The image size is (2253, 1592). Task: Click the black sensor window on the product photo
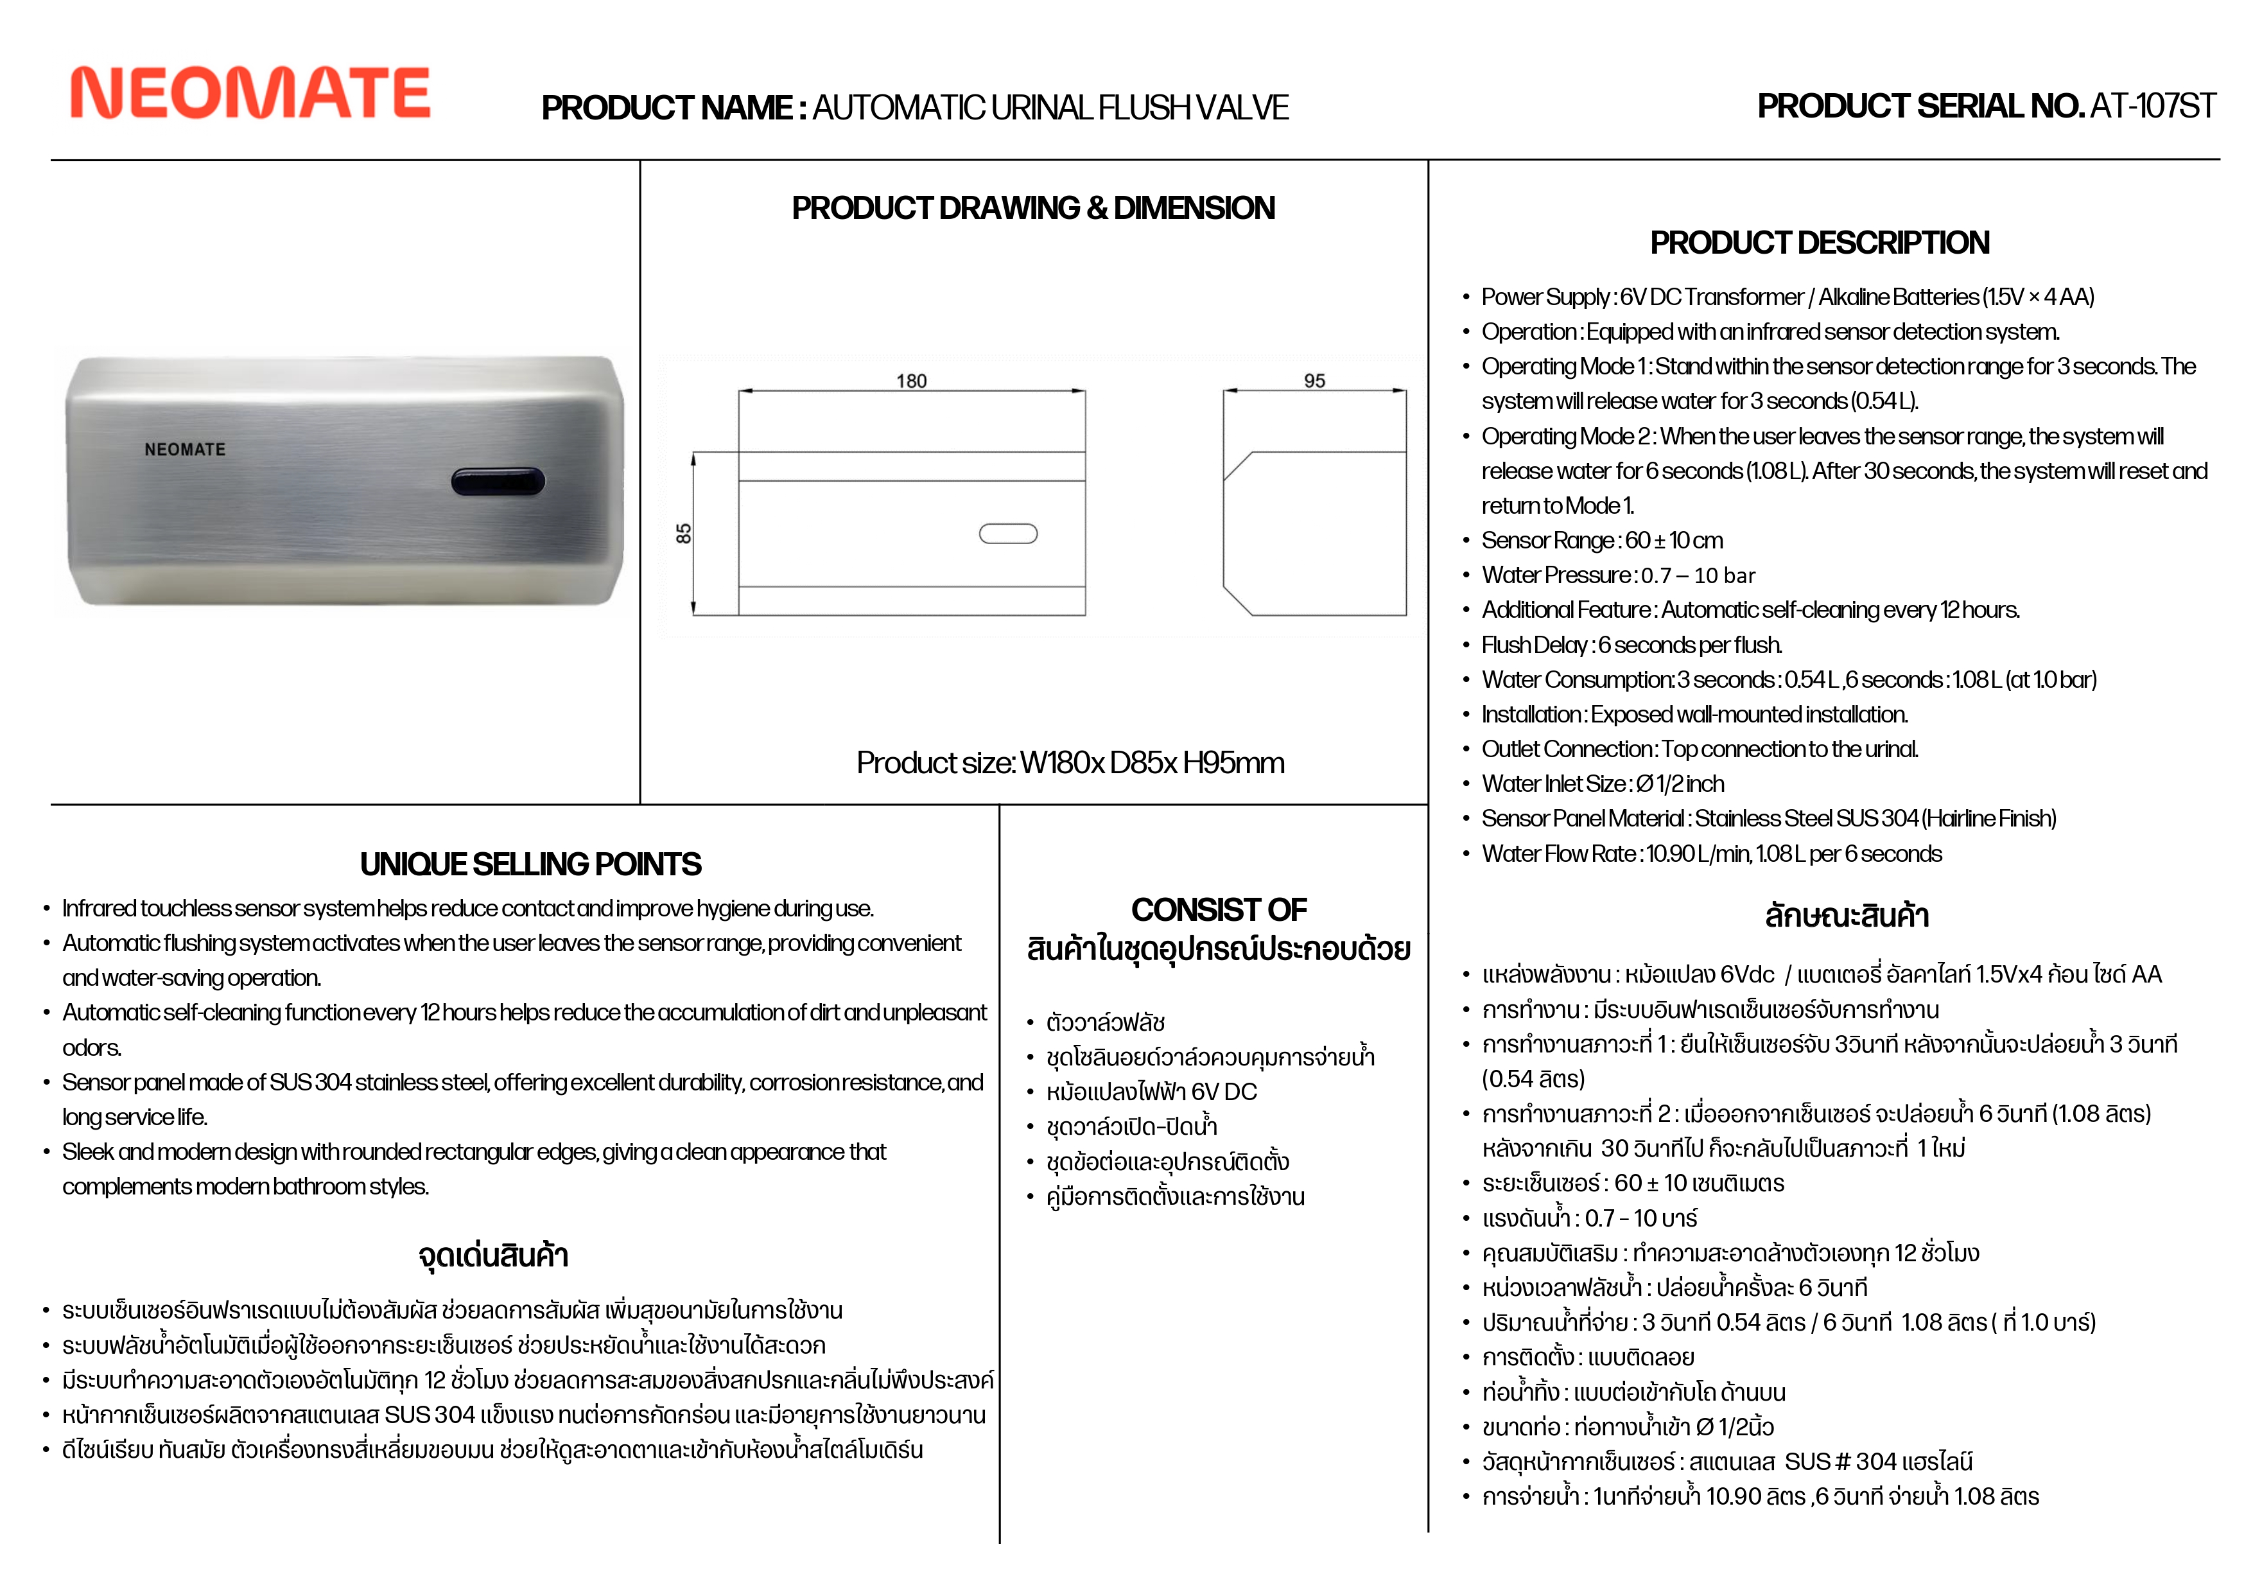point(498,481)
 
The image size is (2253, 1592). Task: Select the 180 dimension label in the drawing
point(910,381)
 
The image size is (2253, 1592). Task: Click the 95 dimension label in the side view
point(1314,381)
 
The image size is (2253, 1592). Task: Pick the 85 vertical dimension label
point(684,534)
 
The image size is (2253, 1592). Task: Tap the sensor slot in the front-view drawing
point(1008,534)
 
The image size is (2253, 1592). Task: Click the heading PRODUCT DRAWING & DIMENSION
point(1033,208)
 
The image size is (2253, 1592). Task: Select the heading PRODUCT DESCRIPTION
point(1819,243)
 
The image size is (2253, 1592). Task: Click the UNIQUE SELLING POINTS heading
point(530,864)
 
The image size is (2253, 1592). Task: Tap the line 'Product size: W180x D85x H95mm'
point(1070,763)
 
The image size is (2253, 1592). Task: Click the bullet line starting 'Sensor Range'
point(1601,541)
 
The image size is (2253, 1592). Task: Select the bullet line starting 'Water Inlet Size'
point(1603,784)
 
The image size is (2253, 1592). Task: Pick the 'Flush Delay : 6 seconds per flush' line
point(1631,645)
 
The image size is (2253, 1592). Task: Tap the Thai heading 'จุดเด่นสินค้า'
point(494,1255)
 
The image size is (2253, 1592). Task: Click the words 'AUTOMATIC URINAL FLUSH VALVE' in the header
point(1050,108)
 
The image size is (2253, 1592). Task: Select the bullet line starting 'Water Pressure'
point(1617,575)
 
